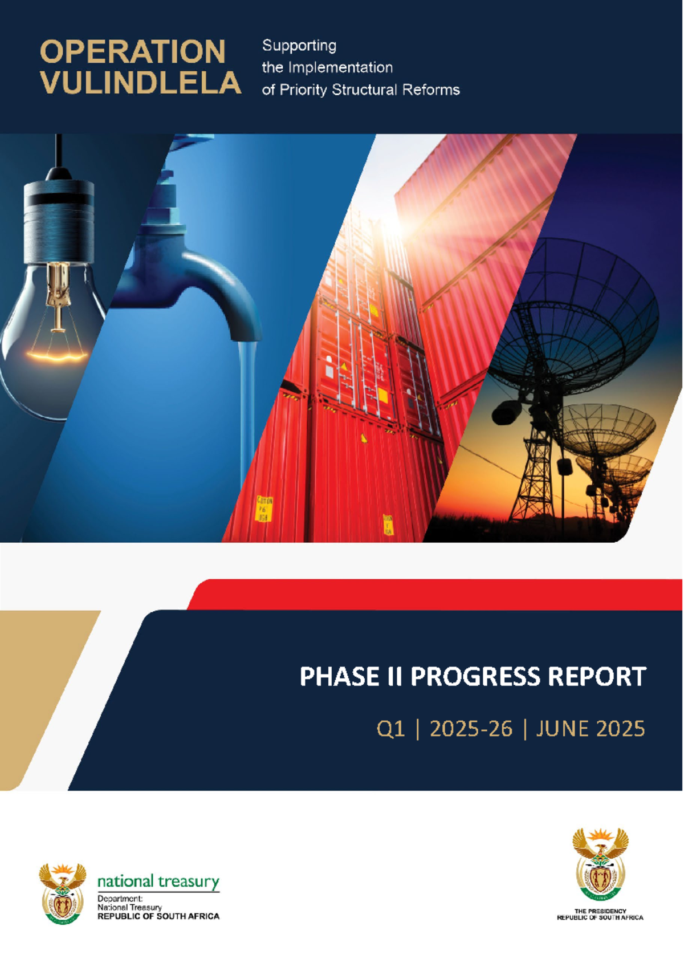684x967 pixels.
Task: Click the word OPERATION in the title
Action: [x=132, y=51]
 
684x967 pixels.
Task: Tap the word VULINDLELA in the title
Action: [x=141, y=82]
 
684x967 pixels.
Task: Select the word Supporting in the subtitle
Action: [x=299, y=46]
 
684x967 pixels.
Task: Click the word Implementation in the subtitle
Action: [x=340, y=67]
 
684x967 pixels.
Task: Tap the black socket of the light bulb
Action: [x=59, y=220]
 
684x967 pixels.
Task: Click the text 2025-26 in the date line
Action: [x=471, y=729]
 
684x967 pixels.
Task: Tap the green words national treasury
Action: [x=158, y=881]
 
